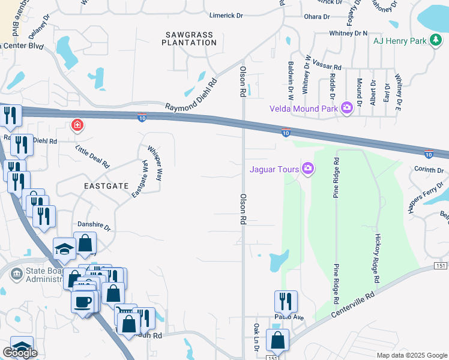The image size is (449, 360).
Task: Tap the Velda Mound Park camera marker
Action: point(346,108)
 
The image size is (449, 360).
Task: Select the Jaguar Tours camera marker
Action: point(307,169)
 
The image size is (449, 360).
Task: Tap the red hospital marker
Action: point(77,125)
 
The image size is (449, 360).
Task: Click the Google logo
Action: point(20,353)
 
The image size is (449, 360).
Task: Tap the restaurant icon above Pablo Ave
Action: point(286,300)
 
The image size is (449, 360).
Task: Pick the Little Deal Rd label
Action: point(92,156)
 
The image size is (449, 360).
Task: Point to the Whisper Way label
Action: point(155,163)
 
